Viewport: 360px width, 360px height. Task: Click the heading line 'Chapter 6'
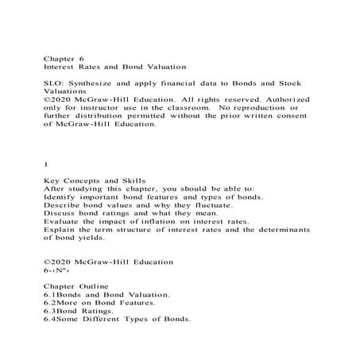63,58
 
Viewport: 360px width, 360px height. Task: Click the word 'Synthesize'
94,83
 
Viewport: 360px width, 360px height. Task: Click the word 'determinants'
287,234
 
